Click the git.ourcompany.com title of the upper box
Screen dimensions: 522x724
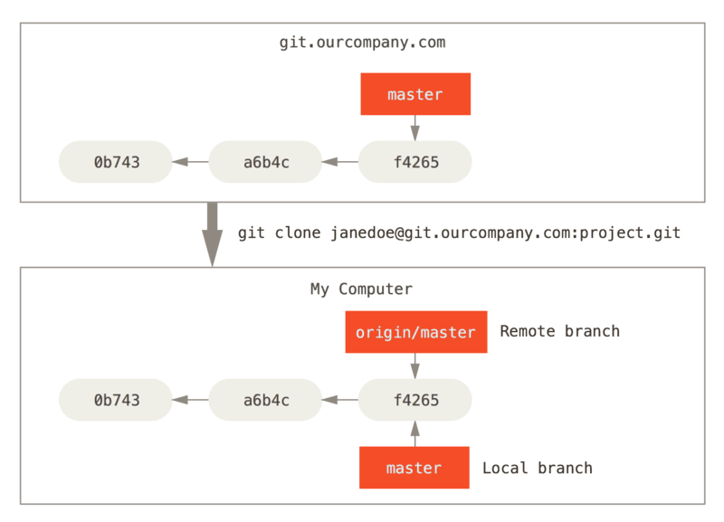coord(362,43)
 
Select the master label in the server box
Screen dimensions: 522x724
coord(415,94)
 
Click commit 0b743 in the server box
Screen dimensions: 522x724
coord(116,163)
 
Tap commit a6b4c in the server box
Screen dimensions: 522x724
coord(265,163)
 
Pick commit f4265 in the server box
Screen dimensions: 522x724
coord(415,163)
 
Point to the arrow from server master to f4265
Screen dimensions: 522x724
coord(415,128)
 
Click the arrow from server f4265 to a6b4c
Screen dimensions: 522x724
coord(340,163)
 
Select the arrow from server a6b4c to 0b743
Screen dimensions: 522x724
coord(190,163)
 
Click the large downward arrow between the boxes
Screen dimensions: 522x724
coord(213,233)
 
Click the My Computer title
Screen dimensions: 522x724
coord(362,289)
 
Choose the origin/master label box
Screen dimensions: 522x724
coord(415,332)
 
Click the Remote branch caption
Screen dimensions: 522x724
coord(559,331)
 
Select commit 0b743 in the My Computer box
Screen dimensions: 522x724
coord(116,400)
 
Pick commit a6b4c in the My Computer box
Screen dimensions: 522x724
coord(265,400)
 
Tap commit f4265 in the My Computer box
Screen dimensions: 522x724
coord(415,400)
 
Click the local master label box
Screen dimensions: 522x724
coord(414,468)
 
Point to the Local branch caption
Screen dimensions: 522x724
coord(537,468)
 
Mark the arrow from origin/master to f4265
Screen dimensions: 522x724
coord(415,365)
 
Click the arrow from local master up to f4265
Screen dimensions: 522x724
coord(415,434)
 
